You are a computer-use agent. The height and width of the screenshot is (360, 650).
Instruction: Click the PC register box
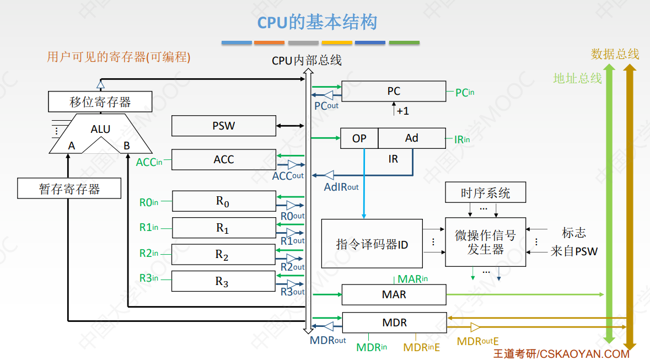[394, 92]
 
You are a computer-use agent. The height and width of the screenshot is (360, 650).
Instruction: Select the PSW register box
[223, 126]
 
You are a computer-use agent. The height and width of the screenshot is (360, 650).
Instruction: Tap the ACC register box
[223, 159]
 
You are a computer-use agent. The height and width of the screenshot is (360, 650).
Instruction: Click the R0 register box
[223, 201]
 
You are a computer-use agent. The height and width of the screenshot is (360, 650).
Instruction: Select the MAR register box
[394, 294]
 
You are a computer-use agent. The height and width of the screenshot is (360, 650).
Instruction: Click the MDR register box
[394, 323]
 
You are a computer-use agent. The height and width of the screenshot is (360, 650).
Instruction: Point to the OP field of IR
[359, 138]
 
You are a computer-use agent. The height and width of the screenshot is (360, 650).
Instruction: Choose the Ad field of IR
[412, 138]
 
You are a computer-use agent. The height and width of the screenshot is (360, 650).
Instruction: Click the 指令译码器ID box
[372, 244]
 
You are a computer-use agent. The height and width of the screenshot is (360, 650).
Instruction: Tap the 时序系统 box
[485, 193]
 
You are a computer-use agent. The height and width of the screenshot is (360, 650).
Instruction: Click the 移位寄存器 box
[100, 102]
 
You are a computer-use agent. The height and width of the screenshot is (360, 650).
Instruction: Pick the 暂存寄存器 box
[69, 189]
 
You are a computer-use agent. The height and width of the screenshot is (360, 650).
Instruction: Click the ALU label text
[100, 129]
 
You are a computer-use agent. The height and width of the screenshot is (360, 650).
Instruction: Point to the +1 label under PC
[402, 111]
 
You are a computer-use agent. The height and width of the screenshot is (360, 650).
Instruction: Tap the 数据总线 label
[615, 54]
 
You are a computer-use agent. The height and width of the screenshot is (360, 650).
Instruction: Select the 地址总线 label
[577, 78]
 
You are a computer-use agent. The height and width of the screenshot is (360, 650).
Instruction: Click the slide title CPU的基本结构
[318, 23]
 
